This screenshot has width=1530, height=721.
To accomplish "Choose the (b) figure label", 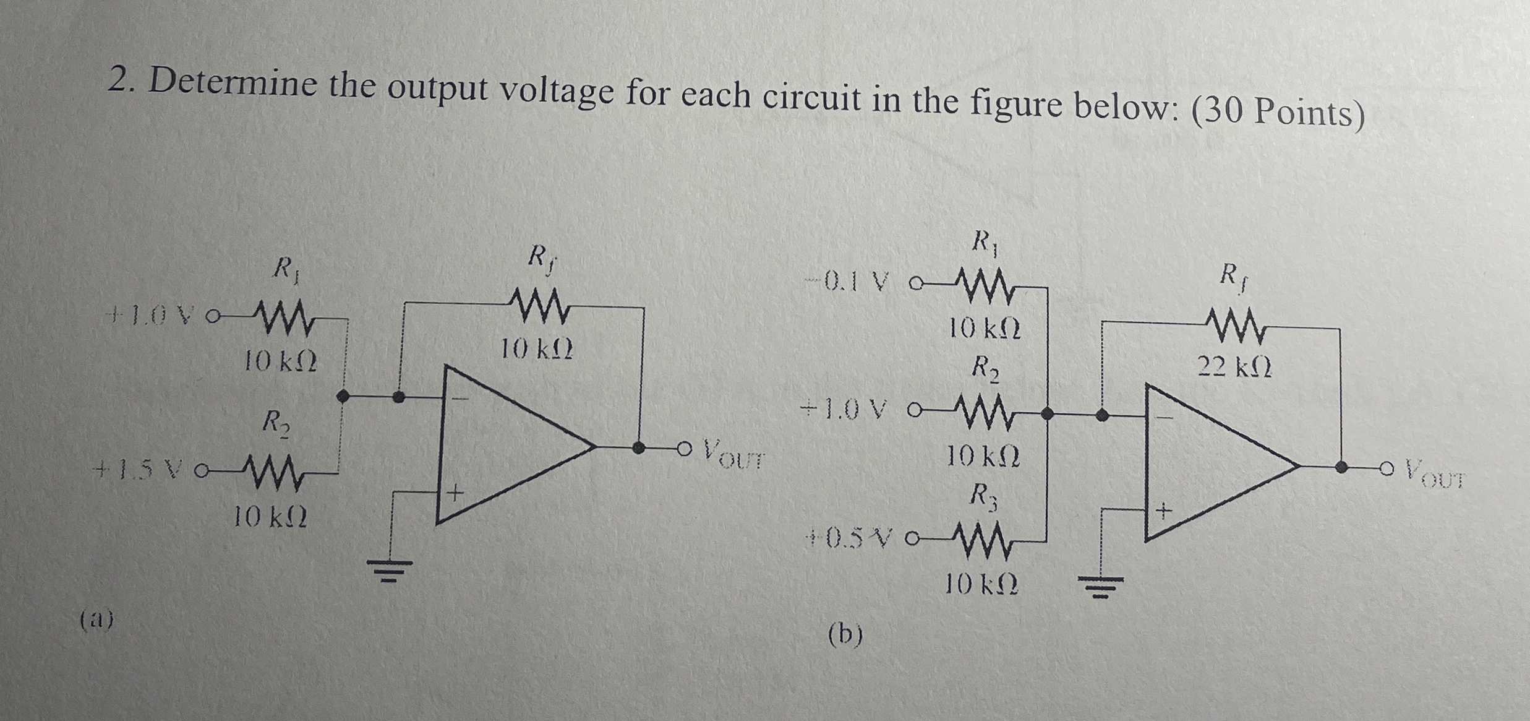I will tap(845, 634).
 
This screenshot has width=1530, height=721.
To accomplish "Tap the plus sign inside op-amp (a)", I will tap(456, 493).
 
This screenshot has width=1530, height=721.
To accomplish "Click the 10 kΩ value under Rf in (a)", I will tap(537, 352).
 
